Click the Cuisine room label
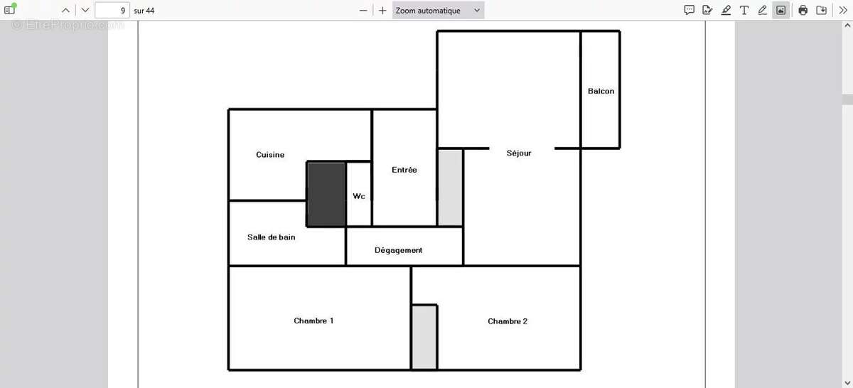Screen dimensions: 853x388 270,155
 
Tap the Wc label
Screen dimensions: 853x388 359,196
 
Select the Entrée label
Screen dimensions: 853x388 404,170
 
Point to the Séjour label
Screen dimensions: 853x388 519,153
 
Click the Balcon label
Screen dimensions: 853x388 601,91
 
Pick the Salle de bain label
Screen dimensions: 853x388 271,237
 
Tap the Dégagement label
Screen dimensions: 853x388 398,250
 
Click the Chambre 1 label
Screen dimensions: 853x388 313,321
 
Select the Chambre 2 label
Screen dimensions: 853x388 508,321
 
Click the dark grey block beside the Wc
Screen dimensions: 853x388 326,194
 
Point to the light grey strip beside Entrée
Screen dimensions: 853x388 450,188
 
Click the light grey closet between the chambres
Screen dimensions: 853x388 424,338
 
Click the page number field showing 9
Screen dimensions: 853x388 112,10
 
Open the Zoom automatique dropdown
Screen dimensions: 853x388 438,10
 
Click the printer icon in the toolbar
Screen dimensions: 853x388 803,10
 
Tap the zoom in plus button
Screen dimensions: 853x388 382,11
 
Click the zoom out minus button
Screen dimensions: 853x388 363,11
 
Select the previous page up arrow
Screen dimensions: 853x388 65,10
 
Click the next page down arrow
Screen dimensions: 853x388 85,10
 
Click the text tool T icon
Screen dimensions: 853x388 744,10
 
